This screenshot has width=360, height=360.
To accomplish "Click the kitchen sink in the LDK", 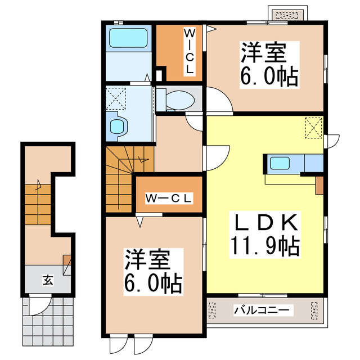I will coord(278,164).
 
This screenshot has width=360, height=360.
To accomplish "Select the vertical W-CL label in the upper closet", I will coord(190,52).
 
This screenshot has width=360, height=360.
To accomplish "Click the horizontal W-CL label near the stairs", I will coord(169,198).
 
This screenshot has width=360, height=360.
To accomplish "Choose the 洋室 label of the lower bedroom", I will coord(147,261).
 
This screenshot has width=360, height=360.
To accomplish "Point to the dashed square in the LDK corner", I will coord(313,127).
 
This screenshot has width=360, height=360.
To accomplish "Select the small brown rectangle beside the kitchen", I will coord(319,184).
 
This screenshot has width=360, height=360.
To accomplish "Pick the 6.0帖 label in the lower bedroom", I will coord(147,285).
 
